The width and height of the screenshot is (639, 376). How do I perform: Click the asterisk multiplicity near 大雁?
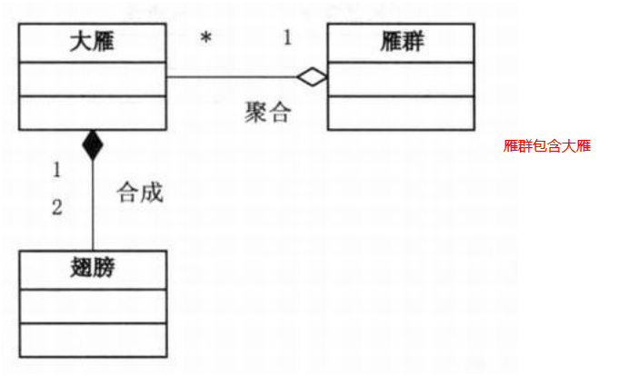click(206, 39)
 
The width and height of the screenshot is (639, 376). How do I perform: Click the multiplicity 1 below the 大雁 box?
click(56, 170)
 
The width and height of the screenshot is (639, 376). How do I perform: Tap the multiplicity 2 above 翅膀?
click(56, 207)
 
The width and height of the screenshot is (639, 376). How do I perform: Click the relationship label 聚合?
click(267, 114)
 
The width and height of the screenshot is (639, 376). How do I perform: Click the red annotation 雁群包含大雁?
click(546, 145)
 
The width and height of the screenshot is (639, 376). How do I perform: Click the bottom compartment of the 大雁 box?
click(92, 113)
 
